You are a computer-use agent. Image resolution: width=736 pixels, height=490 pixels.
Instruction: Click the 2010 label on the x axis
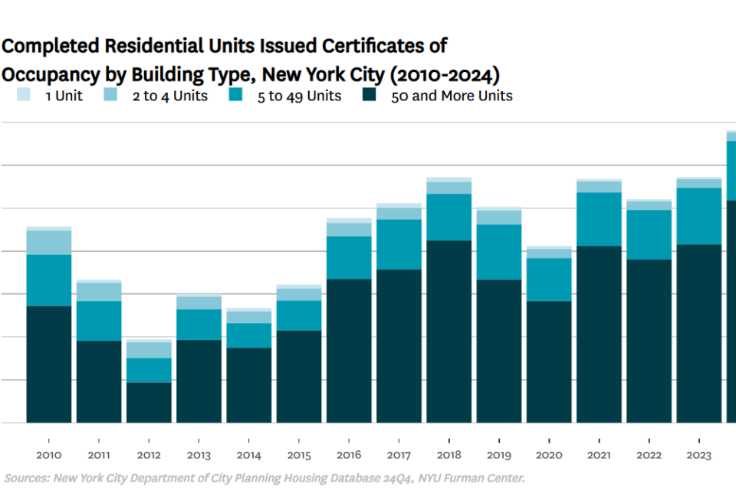coord(49,455)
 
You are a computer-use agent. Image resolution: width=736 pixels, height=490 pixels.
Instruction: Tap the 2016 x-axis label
coord(349,455)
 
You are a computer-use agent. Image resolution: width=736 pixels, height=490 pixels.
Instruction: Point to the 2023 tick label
coord(699,455)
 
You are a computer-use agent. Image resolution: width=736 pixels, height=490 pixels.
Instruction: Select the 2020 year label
coord(549,455)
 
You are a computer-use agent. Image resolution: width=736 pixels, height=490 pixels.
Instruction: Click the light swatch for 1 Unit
coord(24,95)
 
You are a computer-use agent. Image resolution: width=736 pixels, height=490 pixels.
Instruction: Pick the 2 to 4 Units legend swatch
coord(110,95)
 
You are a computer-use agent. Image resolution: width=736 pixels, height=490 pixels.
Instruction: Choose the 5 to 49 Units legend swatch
coord(235,95)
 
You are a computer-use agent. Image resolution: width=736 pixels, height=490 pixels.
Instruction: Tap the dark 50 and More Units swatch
coord(370,95)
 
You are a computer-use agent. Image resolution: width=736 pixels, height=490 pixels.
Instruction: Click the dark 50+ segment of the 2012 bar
coord(149,403)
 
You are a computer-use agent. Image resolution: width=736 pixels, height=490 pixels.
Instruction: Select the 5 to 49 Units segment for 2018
coord(449,217)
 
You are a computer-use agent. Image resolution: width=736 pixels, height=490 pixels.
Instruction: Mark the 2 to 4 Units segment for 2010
coord(49,243)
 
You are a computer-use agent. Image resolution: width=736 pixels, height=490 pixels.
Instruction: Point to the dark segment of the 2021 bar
coord(599,335)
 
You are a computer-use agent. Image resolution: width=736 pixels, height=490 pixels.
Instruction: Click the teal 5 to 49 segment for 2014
coord(248,336)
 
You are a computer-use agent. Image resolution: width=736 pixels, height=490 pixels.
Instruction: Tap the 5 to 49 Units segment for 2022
coord(649,235)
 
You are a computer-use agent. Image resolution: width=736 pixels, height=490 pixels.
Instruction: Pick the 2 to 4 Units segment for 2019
coord(499,217)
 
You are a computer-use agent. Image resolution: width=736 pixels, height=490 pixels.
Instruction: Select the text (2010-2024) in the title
coord(445,75)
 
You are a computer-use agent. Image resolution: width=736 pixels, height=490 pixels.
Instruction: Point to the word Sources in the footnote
coord(27,479)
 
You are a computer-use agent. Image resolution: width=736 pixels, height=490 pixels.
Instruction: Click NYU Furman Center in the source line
coord(472,479)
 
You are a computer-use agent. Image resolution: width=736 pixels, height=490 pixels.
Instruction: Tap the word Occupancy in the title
coord(51,75)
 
